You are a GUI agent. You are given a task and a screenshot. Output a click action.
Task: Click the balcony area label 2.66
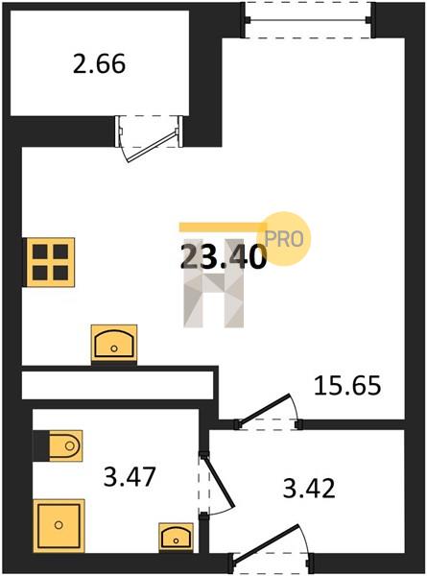point(99,64)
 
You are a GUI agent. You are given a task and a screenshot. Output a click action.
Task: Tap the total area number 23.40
point(224,256)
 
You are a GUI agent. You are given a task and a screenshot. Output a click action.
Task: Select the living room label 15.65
point(347,385)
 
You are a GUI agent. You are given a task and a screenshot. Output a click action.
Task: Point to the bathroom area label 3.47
point(130,476)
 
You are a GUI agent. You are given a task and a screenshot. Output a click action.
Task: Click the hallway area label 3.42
point(309,489)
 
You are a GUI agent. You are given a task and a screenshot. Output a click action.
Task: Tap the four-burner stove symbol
point(49,262)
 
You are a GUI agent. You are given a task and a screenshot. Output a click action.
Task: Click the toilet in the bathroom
point(58,445)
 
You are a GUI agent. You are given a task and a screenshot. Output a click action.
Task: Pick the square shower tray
point(59,525)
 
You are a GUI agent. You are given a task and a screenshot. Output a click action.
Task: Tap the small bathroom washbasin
point(177,537)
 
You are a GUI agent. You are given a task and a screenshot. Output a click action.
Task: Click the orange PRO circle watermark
point(284,239)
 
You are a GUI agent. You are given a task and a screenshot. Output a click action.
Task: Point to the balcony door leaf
point(152,146)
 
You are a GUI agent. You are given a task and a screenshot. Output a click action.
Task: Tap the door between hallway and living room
point(264,408)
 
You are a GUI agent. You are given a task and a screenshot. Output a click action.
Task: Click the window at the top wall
point(308,19)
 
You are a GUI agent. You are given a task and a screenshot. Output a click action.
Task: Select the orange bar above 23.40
point(223,227)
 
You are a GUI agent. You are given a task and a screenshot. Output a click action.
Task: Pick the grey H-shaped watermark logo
point(214,283)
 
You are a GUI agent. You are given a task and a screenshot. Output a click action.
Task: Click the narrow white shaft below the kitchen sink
point(117,385)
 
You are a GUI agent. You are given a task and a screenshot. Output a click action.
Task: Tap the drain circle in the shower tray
point(59,525)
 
